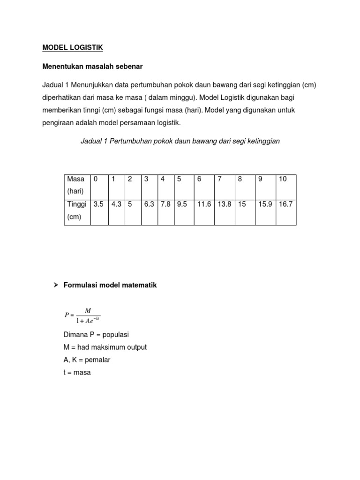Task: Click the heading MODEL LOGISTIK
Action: point(73,47)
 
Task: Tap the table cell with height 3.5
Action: point(98,204)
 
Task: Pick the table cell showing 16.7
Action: point(285,204)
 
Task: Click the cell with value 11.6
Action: point(204,204)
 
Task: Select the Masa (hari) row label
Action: point(77,186)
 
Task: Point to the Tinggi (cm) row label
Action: point(77,211)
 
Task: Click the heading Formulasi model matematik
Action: point(110,285)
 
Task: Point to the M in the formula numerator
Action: point(88,310)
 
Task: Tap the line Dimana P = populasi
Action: point(96,334)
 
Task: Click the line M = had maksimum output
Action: point(105,347)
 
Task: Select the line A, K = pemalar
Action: point(87,360)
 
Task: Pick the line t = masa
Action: point(77,373)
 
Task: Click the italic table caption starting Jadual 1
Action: point(180,141)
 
